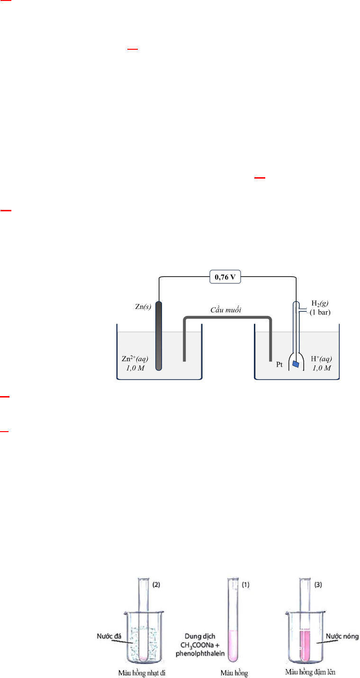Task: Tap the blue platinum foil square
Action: tap(296, 364)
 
